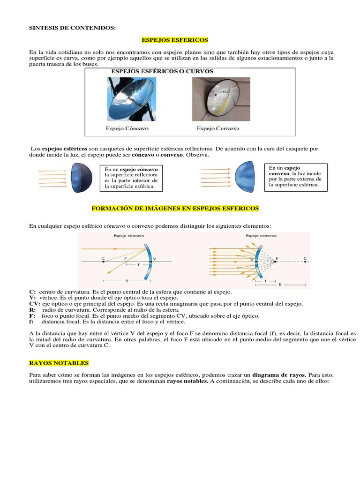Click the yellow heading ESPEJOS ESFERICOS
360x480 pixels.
(174, 40)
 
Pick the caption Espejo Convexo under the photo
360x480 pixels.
(218, 128)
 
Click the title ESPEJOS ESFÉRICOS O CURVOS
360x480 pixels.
(162, 72)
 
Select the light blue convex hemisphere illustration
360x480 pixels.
(246, 177)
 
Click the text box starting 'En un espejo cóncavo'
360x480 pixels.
(131, 178)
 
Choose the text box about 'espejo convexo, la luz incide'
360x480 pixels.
(296, 176)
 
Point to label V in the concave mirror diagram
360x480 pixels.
(155, 258)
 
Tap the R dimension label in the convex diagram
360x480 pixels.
(280, 284)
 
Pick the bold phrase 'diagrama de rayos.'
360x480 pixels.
(279, 375)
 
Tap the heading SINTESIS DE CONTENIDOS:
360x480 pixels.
(72, 28)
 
